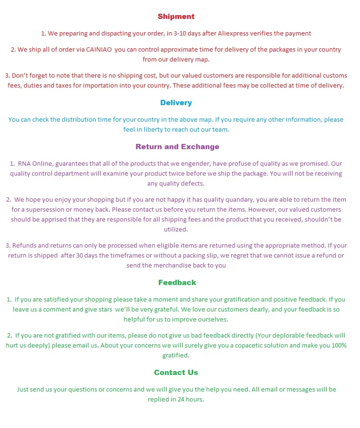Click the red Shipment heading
point(176,17)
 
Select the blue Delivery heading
point(176,103)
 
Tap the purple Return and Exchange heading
point(177,147)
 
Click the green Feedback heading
point(177,283)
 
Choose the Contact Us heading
point(176,373)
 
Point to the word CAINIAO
point(99,50)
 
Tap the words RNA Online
point(35,164)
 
